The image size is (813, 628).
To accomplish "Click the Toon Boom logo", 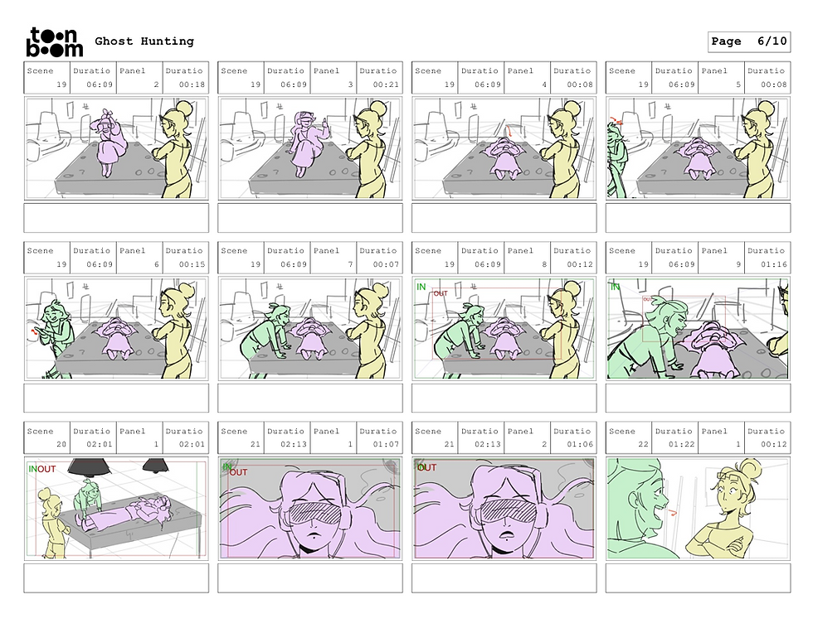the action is [55, 42].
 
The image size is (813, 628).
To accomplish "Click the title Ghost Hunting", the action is [144, 41].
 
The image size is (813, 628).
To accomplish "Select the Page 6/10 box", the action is [748, 41].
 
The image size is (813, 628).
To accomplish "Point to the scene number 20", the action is [61, 444].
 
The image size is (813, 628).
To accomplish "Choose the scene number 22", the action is [643, 444].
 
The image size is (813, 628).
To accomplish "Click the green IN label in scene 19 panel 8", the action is [421, 287].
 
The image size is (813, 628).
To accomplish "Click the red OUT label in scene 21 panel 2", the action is [426, 467].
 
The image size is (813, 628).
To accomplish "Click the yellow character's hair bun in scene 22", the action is [749, 468].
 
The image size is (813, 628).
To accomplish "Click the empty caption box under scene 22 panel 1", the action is [698, 577].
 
